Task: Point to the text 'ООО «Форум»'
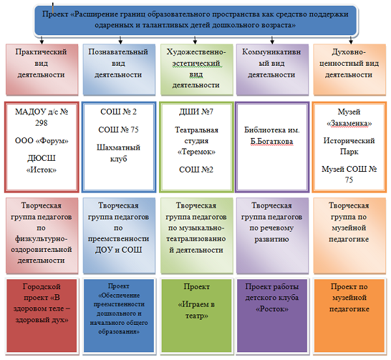pyautogui.click(x=40, y=141)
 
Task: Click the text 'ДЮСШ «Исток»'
pyautogui.click(x=40, y=164)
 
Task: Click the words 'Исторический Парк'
pyautogui.click(x=348, y=147)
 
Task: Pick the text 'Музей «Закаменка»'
pyautogui.click(x=348, y=118)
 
